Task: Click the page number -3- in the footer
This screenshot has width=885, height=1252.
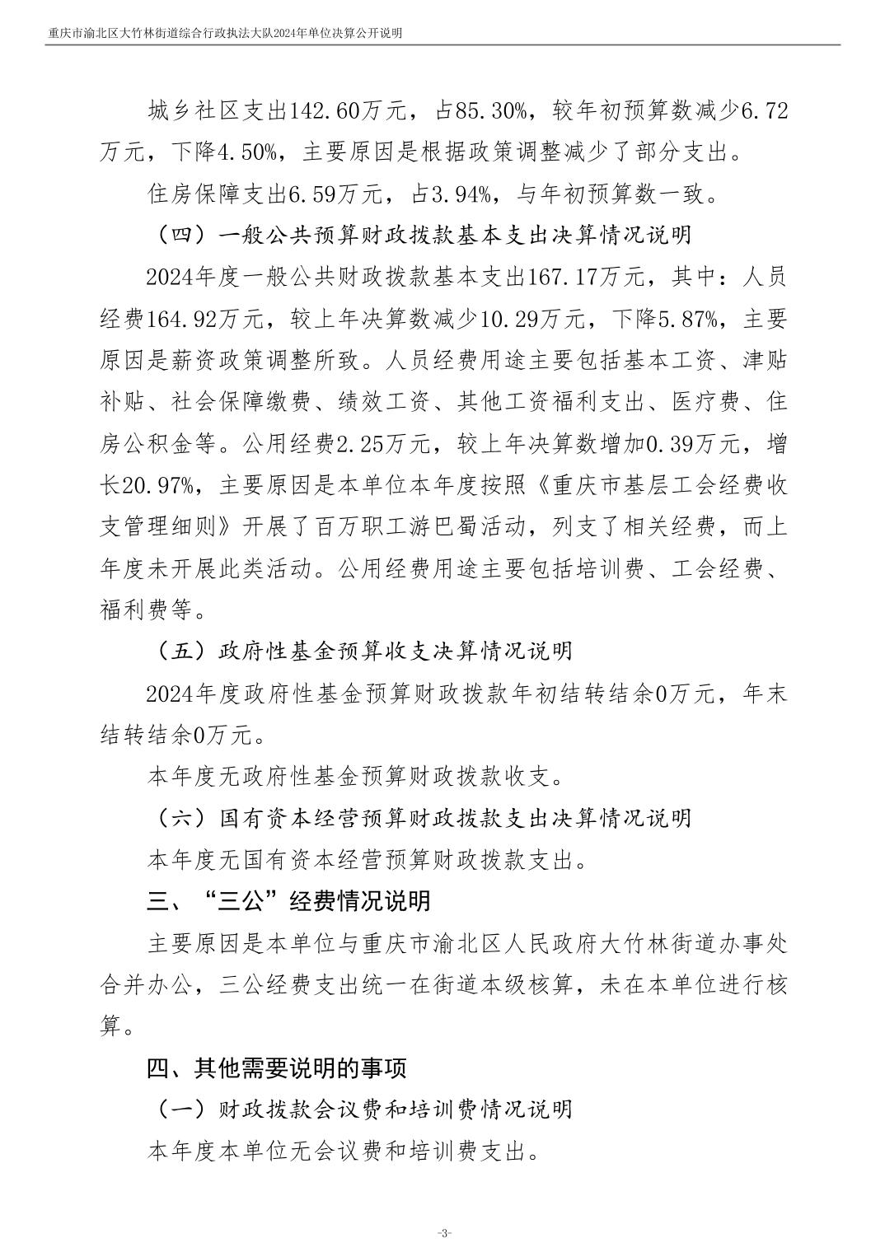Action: pyautogui.click(x=443, y=1233)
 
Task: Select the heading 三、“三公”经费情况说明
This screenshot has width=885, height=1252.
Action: pyautogui.click(x=288, y=901)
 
